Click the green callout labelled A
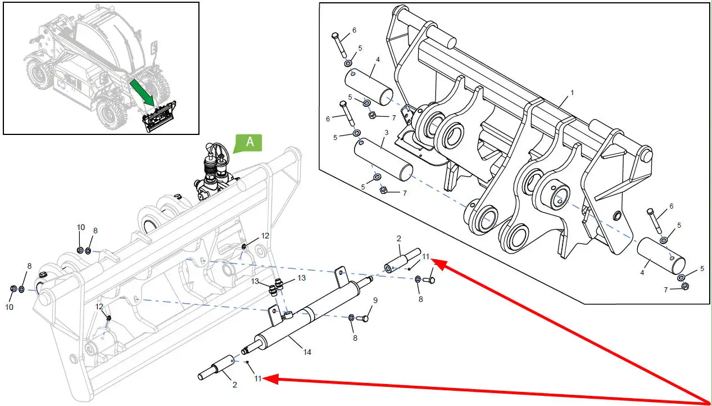tap(250, 143)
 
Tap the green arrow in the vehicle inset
tap(143, 92)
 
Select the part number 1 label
tap(572, 92)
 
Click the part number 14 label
tap(307, 352)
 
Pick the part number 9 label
tap(375, 300)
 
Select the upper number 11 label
tap(426, 257)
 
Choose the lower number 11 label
tap(257, 378)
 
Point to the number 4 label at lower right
tap(642, 272)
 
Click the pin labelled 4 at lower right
tap(661, 255)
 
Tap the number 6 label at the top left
tap(354, 30)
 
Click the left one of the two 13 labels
tap(255, 281)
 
